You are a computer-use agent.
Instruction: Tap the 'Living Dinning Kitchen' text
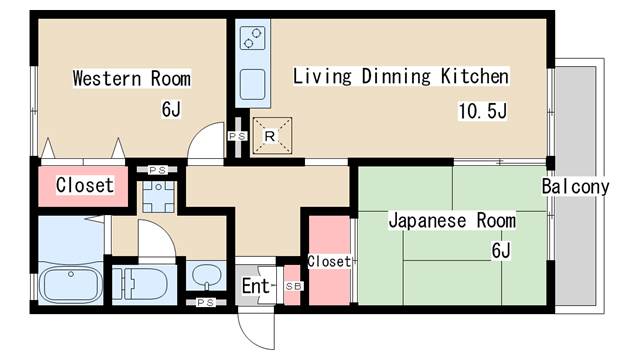pyautogui.click(x=401, y=76)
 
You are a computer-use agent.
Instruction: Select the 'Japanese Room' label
pyautogui.click(x=452, y=220)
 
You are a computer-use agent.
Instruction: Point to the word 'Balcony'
pyautogui.click(x=576, y=187)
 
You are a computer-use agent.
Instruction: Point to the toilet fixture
pyautogui.click(x=142, y=283)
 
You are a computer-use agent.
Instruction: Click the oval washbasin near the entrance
pyautogui.click(x=205, y=275)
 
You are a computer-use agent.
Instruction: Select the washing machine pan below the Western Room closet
pyautogui.click(x=158, y=195)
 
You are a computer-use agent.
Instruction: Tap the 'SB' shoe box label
pyautogui.click(x=292, y=286)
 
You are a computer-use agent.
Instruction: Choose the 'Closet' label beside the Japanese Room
pyautogui.click(x=328, y=261)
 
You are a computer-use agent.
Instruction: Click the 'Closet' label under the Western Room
pyautogui.click(x=84, y=185)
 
